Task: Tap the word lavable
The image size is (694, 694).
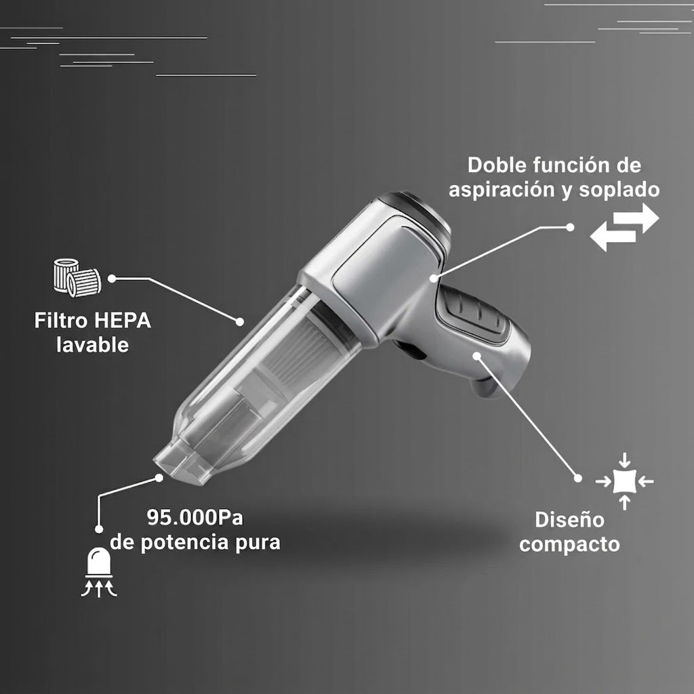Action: (92, 345)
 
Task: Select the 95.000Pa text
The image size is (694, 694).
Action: (195, 517)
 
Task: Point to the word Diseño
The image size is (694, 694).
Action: (569, 519)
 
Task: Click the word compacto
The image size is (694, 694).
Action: (569, 544)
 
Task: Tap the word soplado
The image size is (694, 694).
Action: (619, 190)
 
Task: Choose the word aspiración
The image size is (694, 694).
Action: (502, 190)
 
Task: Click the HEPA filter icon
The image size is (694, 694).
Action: (77, 278)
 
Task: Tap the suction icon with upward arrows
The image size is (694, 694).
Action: (99, 572)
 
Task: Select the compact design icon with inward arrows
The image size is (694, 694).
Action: (624, 482)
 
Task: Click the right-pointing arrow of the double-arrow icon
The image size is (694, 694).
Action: (636, 218)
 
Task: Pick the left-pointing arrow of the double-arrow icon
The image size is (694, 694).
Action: (613, 237)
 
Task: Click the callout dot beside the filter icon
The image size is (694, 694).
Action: (112, 279)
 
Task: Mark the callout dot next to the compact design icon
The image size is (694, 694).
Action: (577, 478)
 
